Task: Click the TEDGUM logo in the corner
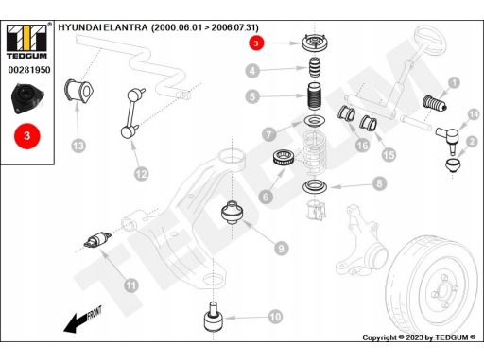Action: click(26, 41)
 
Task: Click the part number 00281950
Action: click(29, 70)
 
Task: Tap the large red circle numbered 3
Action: click(27, 136)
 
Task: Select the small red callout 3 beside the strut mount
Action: click(256, 43)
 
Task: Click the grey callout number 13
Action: click(78, 146)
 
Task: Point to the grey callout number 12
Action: click(141, 174)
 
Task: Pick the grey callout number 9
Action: click(281, 249)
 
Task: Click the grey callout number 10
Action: click(275, 317)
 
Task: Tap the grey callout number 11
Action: click(131, 285)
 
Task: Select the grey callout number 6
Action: click(266, 197)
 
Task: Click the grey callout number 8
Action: click(379, 183)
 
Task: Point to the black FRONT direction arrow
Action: click(82, 320)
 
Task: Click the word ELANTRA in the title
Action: click(126, 27)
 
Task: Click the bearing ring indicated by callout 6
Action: click(284, 157)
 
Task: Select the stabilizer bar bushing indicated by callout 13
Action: click(78, 91)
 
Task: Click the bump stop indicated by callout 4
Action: click(314, 67)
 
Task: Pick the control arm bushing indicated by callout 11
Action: click(97, 239)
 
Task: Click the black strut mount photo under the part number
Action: click(27, 98)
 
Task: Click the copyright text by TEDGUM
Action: click(419, 337)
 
